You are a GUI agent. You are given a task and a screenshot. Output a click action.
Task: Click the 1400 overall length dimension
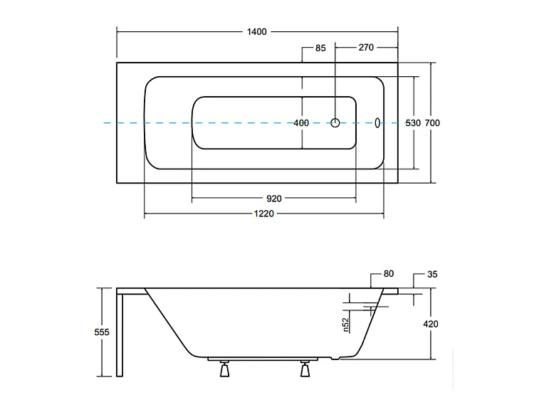256,31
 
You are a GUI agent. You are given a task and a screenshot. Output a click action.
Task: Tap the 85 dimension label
320,48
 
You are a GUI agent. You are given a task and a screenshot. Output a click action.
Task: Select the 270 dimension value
366,47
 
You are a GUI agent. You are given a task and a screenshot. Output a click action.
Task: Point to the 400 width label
301,123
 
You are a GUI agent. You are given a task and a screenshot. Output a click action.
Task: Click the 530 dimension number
413,123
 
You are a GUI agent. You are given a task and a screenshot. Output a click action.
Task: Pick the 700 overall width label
432,123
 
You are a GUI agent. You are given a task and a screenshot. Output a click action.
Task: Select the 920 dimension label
274,199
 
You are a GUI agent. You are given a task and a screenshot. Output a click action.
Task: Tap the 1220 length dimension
264,214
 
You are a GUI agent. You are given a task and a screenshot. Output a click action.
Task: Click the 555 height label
102,332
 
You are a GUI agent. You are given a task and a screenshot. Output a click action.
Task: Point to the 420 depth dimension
431,324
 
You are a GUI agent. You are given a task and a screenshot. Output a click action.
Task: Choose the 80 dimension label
389,274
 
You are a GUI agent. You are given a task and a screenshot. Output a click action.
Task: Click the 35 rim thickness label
432,275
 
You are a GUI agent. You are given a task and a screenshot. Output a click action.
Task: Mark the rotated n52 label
346,325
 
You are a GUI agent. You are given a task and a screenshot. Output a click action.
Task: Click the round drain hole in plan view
335,123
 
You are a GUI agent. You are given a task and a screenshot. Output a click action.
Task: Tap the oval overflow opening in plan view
377,123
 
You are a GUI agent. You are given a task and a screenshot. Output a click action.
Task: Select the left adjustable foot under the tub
224,369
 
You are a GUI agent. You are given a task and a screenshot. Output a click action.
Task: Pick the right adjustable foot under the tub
305,369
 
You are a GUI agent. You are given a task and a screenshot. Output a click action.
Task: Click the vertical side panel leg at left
120,335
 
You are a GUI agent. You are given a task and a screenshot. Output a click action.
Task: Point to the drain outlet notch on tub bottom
336,358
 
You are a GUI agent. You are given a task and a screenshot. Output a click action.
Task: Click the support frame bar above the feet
263,359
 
